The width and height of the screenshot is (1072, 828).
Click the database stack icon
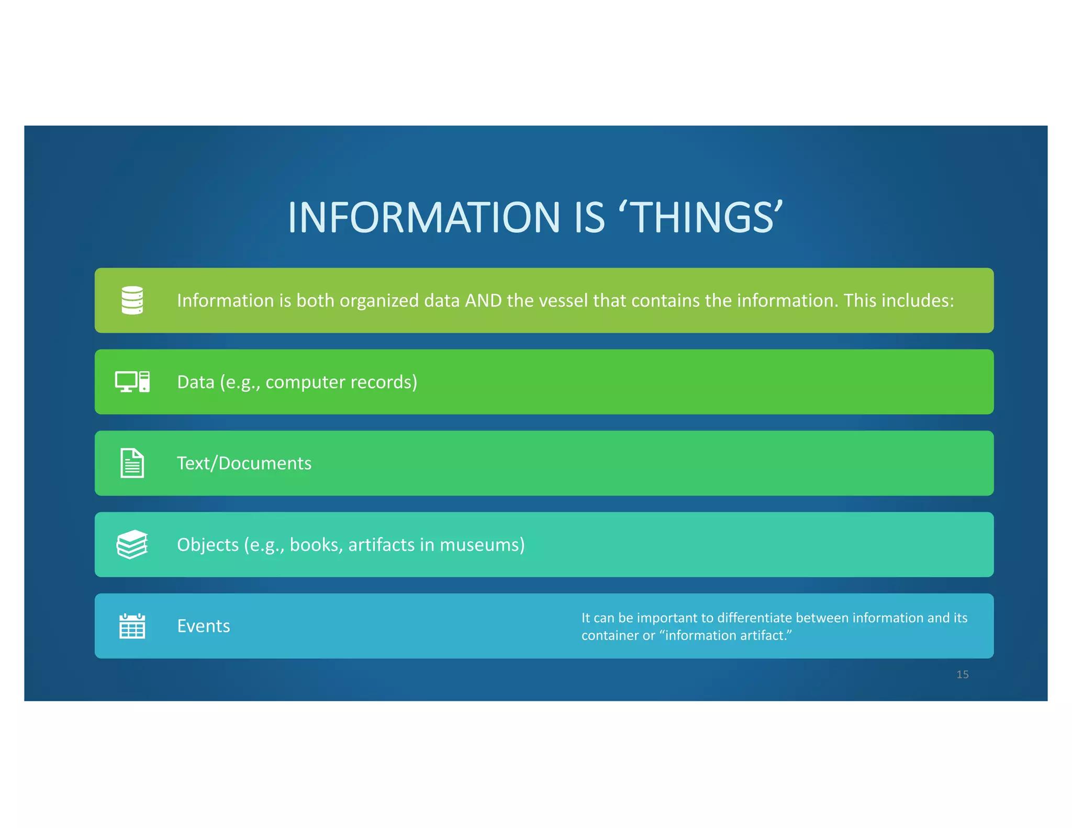[132, 300]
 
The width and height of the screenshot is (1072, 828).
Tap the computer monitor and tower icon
[132, 382]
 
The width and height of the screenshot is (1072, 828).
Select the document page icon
[132, 463]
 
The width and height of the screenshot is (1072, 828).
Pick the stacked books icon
[132, 544]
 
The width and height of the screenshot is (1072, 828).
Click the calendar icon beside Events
[132, 626]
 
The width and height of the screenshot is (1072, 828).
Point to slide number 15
[962, 675]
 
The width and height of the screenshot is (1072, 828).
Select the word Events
[204, 626]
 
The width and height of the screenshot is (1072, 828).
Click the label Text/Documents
[244, 463]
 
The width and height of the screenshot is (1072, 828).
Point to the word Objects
[208, 545]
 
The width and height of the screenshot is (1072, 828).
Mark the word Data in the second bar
[196, 382]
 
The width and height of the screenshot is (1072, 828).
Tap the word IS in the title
[590, 218]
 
